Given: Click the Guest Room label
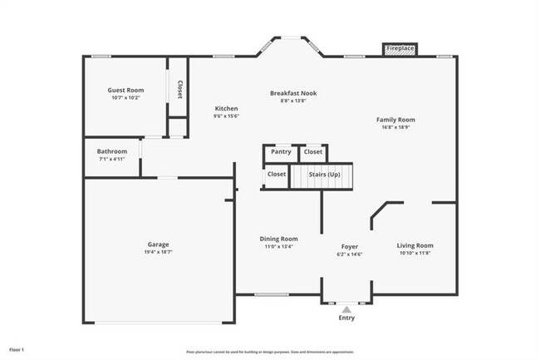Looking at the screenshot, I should pos(125,90).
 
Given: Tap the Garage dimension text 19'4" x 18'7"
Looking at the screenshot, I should pos(159,251).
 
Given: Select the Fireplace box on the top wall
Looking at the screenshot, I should pos(400,49).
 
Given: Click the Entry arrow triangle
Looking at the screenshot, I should pos(346,308).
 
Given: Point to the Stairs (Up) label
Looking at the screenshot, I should pos(324,175).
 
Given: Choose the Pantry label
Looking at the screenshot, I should pos(281,152).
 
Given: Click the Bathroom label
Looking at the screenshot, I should pos(112,151).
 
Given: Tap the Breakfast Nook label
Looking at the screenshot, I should pos(293,93).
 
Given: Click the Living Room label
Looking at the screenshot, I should pos(415,245).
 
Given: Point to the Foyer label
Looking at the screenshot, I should pos(350,247).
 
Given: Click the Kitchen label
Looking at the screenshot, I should pos(226,109).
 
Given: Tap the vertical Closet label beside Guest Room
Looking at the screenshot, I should pos(179,88).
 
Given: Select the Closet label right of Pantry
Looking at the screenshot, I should pos(313,152).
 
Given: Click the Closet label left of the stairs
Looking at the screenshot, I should pos(277,175).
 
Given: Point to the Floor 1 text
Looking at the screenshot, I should pos(17,349).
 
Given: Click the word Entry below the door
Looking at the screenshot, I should pos(346,318).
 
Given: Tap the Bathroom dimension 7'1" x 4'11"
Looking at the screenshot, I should pos(112,159).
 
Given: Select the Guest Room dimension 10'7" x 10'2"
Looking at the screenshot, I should pos(125,97).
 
